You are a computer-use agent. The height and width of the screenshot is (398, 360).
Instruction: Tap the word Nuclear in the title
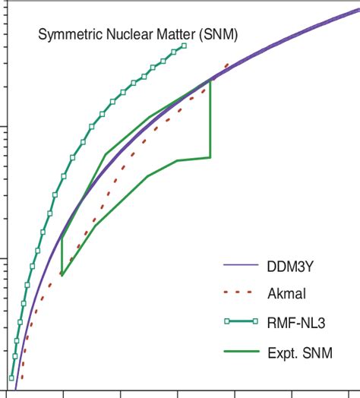(125, 33)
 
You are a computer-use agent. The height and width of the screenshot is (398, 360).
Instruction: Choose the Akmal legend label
(288, 294)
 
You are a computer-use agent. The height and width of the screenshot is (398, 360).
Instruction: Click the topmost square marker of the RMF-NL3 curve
(184, 46)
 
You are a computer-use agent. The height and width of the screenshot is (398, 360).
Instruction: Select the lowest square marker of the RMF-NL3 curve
(11, 377)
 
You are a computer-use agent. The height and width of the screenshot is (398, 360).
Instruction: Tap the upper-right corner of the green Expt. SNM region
(210, 80)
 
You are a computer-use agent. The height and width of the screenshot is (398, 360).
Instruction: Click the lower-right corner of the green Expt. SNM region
(210, 157)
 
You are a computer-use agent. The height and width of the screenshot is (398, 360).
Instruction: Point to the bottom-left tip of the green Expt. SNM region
(62, 275)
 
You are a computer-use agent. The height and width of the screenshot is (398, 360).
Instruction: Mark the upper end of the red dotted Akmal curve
(227, 65)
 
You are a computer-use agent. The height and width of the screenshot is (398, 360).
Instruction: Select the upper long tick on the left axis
(5, 126)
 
